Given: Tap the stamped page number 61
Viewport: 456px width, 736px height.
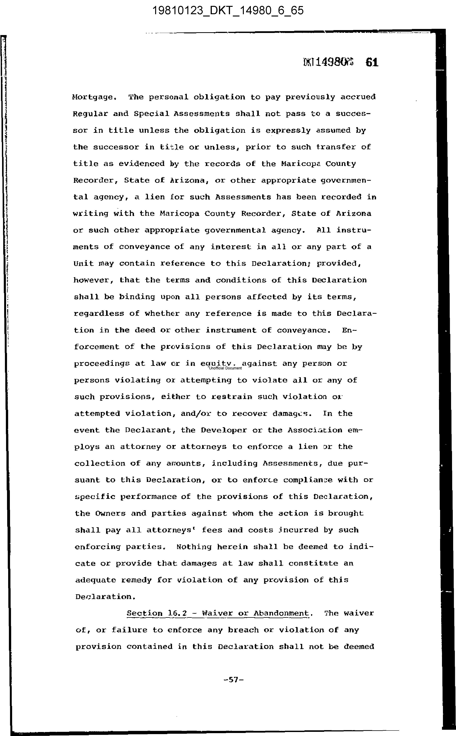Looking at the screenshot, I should coord(372,62).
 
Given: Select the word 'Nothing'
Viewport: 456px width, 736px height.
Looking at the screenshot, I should coord(194,547).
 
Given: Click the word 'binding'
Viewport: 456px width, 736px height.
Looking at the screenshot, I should coord(137,297).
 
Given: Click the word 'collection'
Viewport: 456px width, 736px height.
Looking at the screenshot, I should coord(99,463).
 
